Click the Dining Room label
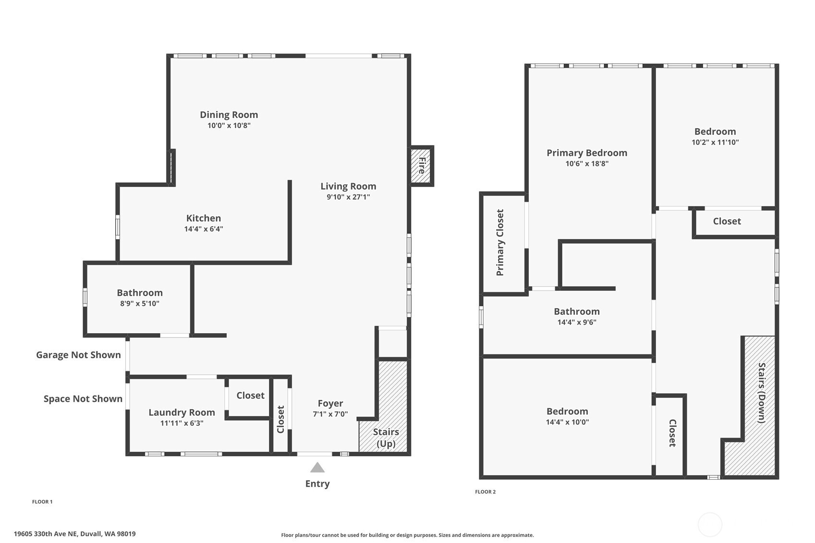pos(229,115)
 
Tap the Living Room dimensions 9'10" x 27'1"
pos(348,197)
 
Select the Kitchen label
pos(203,218)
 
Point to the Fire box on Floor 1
pos(421,166)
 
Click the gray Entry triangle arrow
pos(317,467)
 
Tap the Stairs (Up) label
pos(386,437)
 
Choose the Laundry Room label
pos(182,412)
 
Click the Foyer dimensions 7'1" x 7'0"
pos(330,414)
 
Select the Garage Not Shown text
pos(78,355)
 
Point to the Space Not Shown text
pos(83,398)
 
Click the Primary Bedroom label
pos(587,153)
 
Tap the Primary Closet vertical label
pos(500,242)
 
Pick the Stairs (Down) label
pos(761,393)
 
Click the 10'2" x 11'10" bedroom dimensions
pos(715,142)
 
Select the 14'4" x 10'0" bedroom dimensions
pos(567,422)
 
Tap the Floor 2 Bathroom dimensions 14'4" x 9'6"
pos(577,322)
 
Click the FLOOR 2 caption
pos(486,492)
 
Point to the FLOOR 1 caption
pos(42,502)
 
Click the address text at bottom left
pos(74,534)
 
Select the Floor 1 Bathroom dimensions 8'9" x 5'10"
pos(140,303)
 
